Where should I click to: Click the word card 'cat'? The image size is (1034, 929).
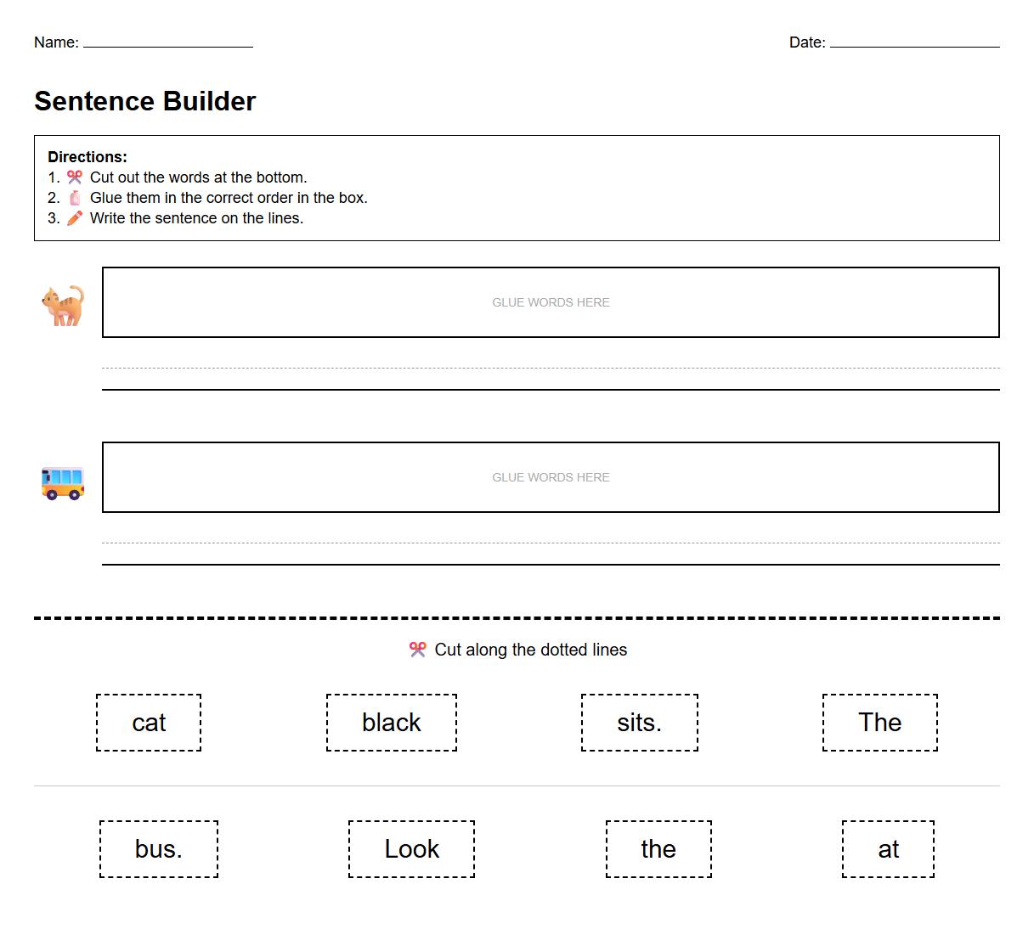(149, 723)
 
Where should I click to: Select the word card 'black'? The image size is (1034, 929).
(392, 723)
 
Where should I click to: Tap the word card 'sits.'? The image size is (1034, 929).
(639, 723)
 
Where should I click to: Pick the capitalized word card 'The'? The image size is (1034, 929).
(879, 723)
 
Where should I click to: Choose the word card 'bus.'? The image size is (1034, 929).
(159, 849)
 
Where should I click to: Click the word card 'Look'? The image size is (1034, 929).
(411, 849)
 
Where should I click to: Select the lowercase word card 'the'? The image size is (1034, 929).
(658, 849)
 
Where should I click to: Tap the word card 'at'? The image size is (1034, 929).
(888, 849)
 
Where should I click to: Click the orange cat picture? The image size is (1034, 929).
(63, 305)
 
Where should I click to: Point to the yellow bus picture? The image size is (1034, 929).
(63, 481)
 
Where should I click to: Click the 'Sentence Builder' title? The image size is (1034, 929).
(144, 101)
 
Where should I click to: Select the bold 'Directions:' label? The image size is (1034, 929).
(88, 157)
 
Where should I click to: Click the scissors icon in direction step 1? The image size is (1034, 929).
(75, 177)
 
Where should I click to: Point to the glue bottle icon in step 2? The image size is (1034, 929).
(75, 198)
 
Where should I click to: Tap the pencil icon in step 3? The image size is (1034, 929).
(75, 218)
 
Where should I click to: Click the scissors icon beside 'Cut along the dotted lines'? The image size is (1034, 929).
(417, 650)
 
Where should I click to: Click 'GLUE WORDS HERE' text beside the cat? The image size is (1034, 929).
(551, 302)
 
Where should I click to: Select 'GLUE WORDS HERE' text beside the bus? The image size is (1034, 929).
(551, 477)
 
